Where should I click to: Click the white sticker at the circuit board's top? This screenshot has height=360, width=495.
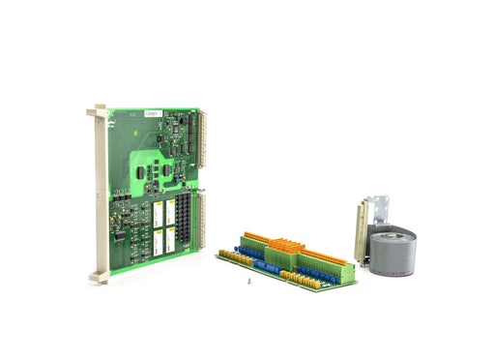click(151, 113)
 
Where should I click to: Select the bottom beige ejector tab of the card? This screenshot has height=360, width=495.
click(99, 276)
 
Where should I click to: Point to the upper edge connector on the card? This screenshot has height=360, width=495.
click(202, 135)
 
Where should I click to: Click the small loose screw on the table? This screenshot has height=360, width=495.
click(247, 282)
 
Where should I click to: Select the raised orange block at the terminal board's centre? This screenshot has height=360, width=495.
click(283, 251)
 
